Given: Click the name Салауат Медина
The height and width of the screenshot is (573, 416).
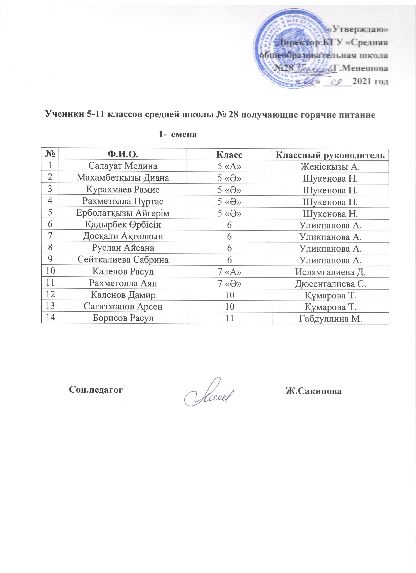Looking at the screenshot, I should coord(123,166).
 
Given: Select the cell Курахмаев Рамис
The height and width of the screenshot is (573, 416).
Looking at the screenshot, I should coord(123,189).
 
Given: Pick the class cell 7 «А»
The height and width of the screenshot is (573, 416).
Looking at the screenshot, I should coord(229,271).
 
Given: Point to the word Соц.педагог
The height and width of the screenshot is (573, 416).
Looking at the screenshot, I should coord(96,390).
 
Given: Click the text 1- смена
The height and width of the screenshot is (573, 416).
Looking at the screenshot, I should coord(178,135).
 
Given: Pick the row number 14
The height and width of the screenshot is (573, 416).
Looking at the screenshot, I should coord(50,318).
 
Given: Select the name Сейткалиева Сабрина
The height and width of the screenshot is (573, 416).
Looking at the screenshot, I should coord(123,260).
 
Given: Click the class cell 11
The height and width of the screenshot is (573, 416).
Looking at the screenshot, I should coord(229,318).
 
